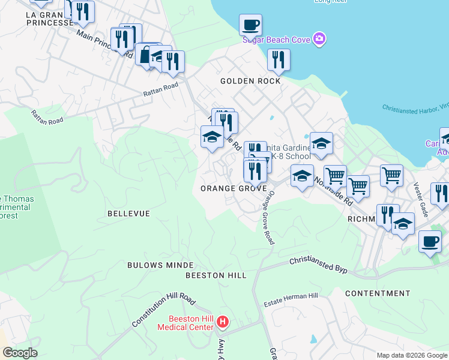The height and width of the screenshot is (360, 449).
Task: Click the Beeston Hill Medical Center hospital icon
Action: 223,323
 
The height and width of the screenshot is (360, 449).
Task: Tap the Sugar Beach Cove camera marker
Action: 319,39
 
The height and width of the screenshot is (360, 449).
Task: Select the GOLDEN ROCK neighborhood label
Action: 250,81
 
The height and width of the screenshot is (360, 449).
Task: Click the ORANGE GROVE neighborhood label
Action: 234,188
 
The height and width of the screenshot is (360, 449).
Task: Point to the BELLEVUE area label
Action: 128,214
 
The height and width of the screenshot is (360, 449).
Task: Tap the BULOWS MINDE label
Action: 160,265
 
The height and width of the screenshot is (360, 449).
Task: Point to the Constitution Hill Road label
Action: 163,311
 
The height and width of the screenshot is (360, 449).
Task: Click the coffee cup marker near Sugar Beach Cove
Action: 250,25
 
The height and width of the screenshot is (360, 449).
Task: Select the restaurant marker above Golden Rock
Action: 279,59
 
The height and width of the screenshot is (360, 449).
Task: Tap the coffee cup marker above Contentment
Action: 429,241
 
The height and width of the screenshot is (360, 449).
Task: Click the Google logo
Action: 20,353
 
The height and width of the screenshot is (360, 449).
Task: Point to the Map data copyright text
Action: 412,355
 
